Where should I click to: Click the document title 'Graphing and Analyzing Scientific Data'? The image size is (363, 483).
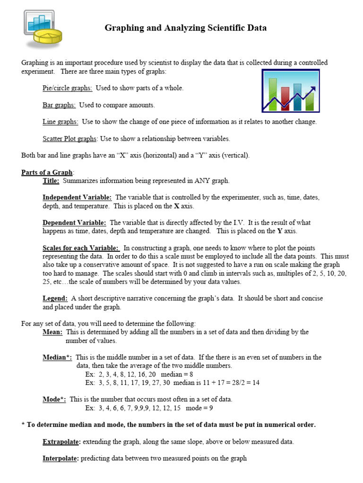click(x=185, y=28)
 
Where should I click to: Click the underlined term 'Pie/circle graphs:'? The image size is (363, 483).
click(x=67, y=88)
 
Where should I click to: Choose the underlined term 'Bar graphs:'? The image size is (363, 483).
click(x=59, y=105)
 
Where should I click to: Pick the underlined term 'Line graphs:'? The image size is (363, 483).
click(x=60, y=122)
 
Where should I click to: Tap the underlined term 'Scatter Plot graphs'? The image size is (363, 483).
click(x=69, y=139)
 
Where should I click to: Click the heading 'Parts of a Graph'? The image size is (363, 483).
click(x=47, y=173)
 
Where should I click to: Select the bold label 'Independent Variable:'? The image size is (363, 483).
click(x=77, y=198)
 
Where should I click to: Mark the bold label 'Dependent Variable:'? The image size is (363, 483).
click(x=75, y=223)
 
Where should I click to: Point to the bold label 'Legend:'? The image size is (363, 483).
click(x=55, y=299)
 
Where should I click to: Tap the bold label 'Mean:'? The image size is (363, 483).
click(x=52, y=332)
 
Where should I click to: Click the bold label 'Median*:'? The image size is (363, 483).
click(x=57, y=358)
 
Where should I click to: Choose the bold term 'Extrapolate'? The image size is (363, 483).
click(x=61, y=442)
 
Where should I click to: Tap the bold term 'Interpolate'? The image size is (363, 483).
click(x=60, y=458)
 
